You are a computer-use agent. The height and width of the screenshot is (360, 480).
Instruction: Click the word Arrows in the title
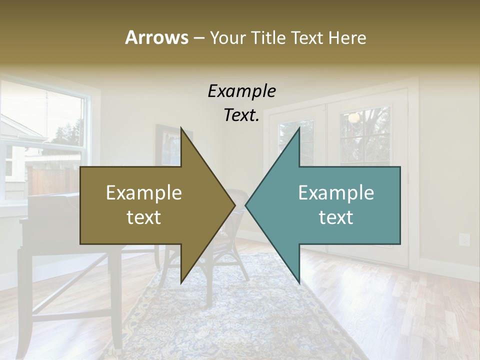156,37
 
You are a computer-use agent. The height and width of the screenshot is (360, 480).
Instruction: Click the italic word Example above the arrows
241,91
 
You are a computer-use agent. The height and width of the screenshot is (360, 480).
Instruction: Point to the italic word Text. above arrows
241,115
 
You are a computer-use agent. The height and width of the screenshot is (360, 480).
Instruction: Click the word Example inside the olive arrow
144,193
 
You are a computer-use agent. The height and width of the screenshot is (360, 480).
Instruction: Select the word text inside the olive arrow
144,217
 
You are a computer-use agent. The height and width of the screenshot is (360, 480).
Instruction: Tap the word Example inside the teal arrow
336,193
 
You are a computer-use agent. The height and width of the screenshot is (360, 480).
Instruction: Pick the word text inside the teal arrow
336,217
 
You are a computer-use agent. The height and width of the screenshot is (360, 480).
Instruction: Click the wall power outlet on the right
464,239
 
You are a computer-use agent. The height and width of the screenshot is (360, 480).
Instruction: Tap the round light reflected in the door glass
354,118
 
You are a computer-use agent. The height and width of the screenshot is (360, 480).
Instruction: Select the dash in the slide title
198,38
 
